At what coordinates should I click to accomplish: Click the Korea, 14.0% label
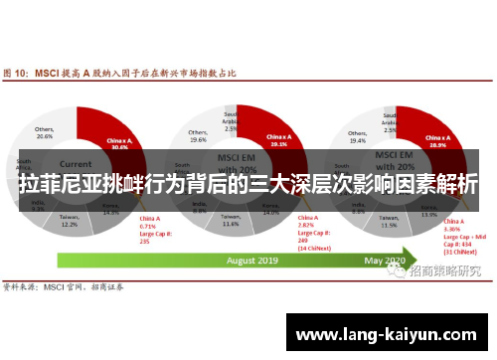[270, 210]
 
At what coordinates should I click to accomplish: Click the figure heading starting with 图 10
[125, 73]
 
